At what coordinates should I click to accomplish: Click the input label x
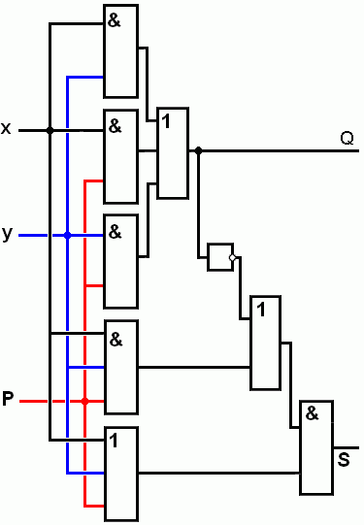6,128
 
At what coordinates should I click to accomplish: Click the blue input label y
7,234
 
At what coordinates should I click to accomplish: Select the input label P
8,399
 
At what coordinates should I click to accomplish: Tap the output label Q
347,138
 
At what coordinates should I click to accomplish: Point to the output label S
344,459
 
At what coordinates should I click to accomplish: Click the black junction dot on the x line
50,130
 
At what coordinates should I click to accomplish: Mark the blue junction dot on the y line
67,236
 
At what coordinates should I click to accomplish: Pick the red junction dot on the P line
85,401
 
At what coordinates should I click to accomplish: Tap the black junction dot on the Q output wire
199,150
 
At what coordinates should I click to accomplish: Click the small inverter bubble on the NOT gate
232,257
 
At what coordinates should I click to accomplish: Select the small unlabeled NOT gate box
220,257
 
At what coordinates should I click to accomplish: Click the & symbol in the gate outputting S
313,413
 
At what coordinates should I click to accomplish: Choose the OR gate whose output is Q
173,153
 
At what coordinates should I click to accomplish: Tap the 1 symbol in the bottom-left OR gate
114,441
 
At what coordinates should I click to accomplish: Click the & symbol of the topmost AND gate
115,20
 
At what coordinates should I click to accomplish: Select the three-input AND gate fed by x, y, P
121,367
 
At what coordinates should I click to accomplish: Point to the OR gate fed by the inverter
266,343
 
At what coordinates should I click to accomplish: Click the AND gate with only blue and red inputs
121,261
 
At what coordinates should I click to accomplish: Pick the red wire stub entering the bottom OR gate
94,506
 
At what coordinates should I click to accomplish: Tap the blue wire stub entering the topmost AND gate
85,77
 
